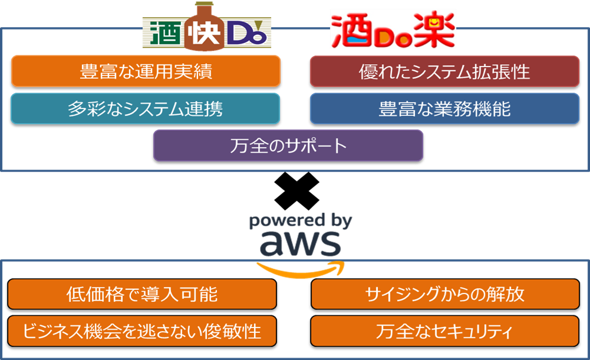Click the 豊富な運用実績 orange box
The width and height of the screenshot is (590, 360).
point(146,71)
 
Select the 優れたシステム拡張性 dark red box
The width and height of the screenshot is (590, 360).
point(444,71)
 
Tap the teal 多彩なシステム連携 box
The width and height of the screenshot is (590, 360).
point(145,108)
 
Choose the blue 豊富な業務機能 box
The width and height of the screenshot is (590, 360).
point(444,108)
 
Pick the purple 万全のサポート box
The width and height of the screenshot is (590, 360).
point(288,146)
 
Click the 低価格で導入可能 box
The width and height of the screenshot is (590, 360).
point(142,294)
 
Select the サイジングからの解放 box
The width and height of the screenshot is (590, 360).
point(444,294)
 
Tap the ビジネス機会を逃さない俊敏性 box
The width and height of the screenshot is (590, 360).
point(142,331)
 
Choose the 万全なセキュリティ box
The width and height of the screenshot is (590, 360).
point(444,331)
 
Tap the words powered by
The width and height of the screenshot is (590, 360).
point(301,222)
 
